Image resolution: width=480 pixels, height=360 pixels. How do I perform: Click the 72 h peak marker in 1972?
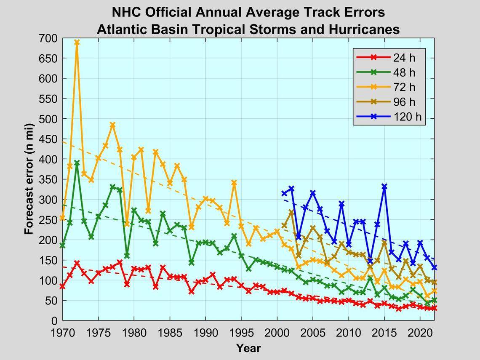pyautogui.click(x=77, y=42)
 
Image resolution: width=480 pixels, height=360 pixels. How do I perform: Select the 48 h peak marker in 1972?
pyautogui.click(x=77, y=163)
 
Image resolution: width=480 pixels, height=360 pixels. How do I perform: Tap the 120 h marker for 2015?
pyautogui.click(x=384, y=186)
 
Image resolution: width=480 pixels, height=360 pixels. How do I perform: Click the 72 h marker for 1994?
pyautogui.click(x=234, y=183)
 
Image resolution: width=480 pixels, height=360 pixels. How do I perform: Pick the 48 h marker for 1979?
pyautogui.click(x=127, y=256)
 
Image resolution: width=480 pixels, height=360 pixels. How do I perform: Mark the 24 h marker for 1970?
pyautogui.click(x=62, y=286)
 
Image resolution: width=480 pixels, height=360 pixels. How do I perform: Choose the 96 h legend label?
pyautogui.click(x=404, y=102)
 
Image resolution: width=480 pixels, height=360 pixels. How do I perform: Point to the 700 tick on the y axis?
pyautogui.click(x=50, y=38)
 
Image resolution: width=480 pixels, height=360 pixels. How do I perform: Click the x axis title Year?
pyautogui.click(x=248, y=348)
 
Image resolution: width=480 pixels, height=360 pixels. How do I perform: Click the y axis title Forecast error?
pyautogui.click(x=29, y=179)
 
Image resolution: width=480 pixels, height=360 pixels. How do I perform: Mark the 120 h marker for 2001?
pyautogui.click(x=284, y=193)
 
